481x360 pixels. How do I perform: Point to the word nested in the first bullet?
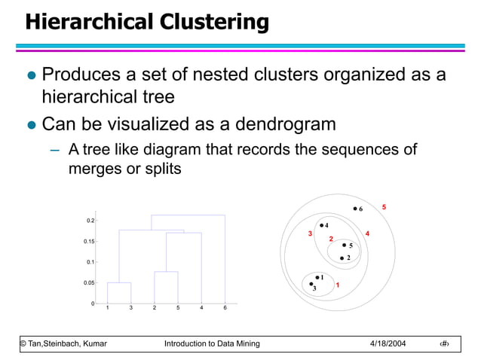[x=283, y=76]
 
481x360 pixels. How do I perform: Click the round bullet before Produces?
[x=31, y=76]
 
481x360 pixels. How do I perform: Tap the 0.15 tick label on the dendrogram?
[x=89, y=241]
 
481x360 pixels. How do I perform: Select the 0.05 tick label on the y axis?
[x=89, y=282]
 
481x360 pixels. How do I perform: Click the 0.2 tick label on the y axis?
[x=90, y=221]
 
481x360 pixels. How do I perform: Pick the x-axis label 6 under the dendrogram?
[x=225, y=308]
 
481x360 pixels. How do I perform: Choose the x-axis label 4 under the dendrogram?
[x=201, y=308]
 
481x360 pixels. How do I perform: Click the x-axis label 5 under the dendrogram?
[x=178, y=308]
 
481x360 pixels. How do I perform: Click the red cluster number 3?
[x=310, y=234]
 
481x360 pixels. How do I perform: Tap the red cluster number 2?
[x=331, y=239]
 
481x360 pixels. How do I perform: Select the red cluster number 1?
[x=338, y=285]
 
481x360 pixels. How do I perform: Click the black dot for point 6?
[x=354, y=209]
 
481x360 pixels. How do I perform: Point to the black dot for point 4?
[x=321, y=225]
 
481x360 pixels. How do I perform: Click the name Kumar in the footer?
[x=91, y=343]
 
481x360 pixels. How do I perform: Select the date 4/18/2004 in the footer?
[x=388, y=343]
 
